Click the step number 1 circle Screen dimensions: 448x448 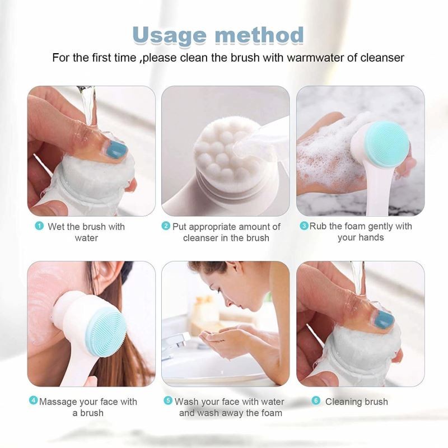click(x=39, y=226)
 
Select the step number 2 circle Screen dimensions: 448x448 click(x=166, y=226)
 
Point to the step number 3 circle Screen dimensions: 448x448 click(x=304, y=226)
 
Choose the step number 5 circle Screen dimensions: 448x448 click(x=167, y=401)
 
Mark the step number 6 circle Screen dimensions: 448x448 click(x=316, y=401)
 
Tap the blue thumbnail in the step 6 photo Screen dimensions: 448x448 click(x=384, y=320)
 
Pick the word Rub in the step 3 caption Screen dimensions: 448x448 click(x=317, y=226)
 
